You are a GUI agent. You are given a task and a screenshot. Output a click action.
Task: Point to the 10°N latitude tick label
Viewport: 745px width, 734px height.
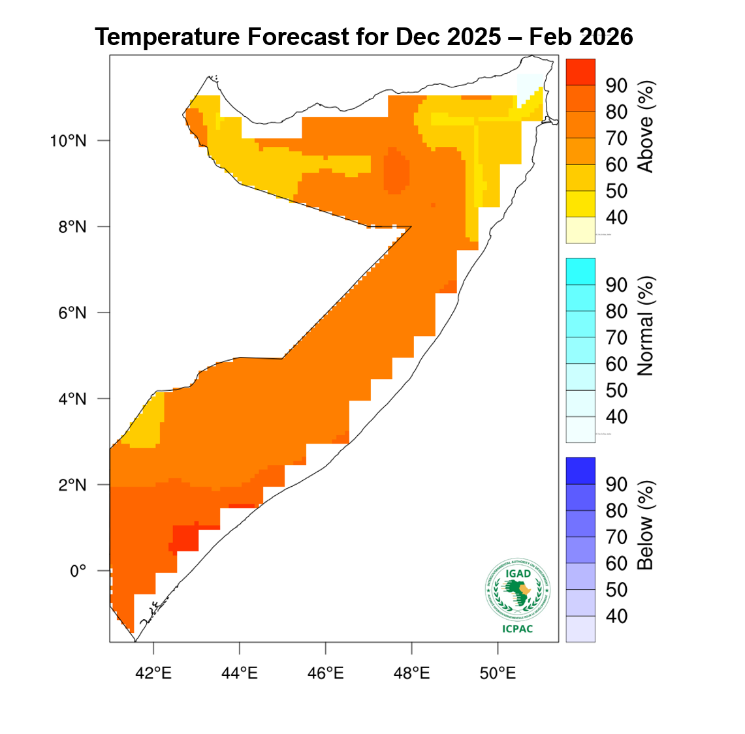68,141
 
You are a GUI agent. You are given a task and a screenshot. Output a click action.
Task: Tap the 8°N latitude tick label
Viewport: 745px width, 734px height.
72,227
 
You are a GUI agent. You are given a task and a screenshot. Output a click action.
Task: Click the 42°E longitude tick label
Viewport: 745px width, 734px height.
153,673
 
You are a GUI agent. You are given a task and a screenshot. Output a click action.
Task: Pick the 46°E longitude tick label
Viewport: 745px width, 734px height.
325,673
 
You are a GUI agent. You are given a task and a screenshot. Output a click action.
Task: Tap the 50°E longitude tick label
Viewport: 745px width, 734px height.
498,673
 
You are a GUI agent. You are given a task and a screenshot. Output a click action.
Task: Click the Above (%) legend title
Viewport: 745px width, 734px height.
645,127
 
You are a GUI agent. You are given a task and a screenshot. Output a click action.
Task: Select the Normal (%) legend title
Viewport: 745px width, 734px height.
645,326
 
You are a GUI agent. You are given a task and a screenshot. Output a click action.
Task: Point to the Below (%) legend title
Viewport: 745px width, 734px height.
645,525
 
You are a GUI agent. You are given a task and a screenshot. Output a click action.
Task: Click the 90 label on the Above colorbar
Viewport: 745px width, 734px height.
616,85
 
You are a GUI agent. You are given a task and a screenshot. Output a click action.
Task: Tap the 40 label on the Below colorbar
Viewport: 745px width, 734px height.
616,616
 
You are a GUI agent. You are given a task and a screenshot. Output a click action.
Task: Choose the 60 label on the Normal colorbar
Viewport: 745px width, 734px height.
616,364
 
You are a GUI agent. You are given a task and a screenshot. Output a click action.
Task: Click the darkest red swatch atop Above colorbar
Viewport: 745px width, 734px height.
580,72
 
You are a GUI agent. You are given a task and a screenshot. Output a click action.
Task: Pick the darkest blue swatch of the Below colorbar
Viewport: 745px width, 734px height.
580,470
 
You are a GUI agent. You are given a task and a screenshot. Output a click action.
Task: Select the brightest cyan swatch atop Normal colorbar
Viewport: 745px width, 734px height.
580,271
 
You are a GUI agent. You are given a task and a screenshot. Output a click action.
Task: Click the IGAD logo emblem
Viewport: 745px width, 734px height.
518,590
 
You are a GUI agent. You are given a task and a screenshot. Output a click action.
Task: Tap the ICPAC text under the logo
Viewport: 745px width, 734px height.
518,629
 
